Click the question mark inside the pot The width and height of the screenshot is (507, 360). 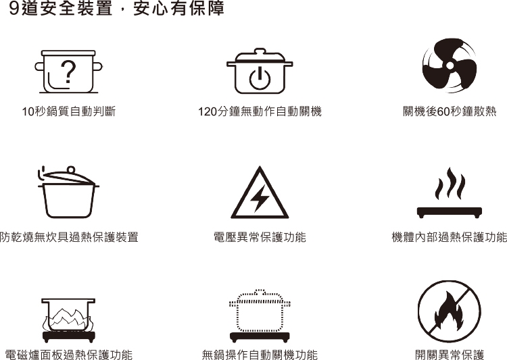tap(68, 72)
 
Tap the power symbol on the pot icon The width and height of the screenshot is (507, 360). tap(260, 78)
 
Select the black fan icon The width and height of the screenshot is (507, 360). tap(450, 66)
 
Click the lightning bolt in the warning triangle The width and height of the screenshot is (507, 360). tap(260, 198)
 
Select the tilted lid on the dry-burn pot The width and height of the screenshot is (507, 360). tap(69, 176)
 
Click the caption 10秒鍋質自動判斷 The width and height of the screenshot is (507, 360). tap(68, 111)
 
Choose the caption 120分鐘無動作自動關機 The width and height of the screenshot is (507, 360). tap(260, 111)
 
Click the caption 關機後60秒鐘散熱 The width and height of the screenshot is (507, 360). tap(450, 111)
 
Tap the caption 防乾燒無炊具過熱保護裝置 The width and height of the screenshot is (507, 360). tap(69, 237)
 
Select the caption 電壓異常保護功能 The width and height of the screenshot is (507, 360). tap(260, 237)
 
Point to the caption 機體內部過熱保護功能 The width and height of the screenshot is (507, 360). tap(449, 237)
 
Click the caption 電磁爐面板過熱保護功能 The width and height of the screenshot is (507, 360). tap(69, 355)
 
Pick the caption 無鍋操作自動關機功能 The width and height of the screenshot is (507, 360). tap(260, 355)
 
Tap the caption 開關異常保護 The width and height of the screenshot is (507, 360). tap(450, 355)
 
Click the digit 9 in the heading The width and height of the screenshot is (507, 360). tap(14, 8)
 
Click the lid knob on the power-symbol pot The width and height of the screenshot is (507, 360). tap(260, 51)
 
